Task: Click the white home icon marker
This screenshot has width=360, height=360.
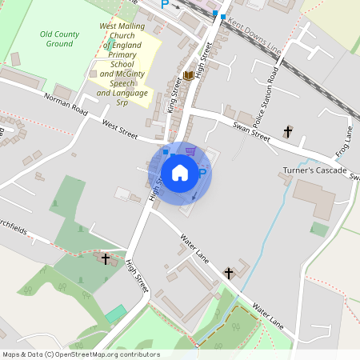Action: tap(180, 172)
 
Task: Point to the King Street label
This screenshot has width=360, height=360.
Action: tap(176, 95)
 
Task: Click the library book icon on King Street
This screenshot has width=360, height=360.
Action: tap(188, 75)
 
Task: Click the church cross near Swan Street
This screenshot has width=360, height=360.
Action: tap(288, 131)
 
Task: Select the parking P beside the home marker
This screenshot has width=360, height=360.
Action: tap(202, 172)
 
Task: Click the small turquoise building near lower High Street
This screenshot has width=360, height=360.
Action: tap(116, 313)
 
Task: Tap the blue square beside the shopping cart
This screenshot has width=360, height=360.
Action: tap(166, 150)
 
